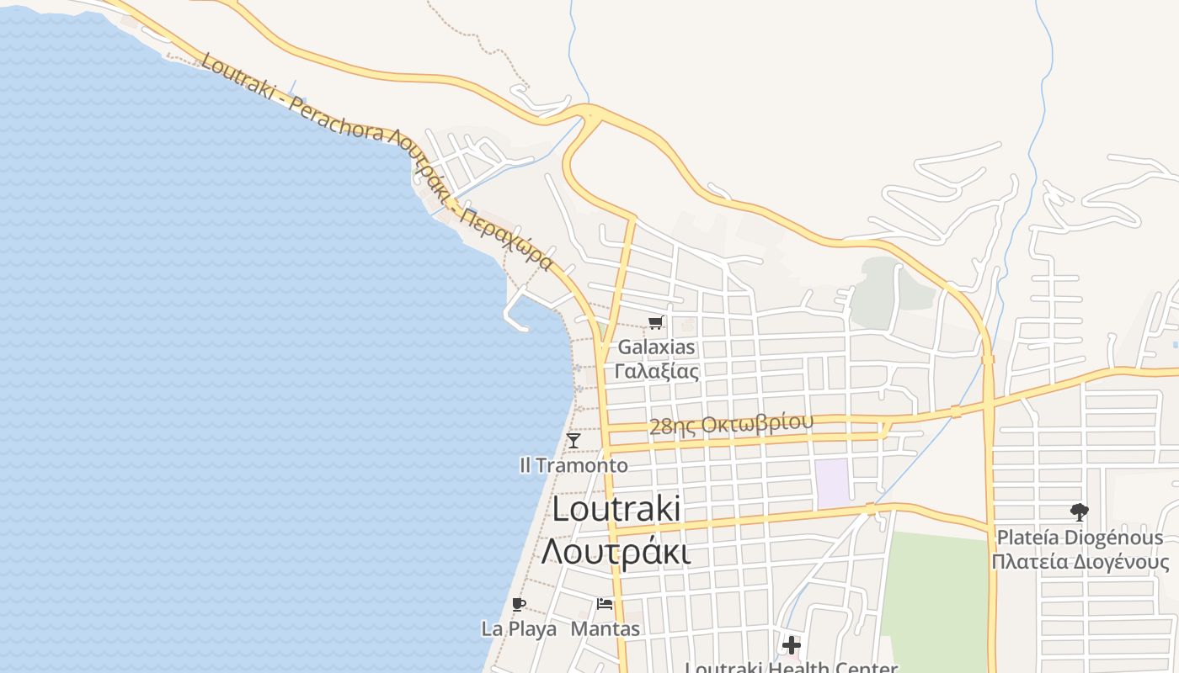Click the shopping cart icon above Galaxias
coord(656,322)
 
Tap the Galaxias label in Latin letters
coord(657,347)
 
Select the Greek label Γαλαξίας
coord(657,370)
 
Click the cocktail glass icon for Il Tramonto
coord(573,441)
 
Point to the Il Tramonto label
coord(573,465)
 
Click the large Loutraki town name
coord(616,510)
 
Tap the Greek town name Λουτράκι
coord(616,552)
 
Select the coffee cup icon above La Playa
coord(518,604)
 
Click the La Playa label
coord(519,628)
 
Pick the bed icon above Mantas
coord(605,604)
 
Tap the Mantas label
coord(606,628)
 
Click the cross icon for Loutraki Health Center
coord(791,645)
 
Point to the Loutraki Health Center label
coord(791,667)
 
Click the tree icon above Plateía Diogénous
coord(1079,511)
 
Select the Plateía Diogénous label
coord(1080,538)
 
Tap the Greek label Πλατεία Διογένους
coord(1080,562)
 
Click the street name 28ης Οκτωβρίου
coord(731,424)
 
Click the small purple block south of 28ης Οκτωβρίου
coord(832,483)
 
